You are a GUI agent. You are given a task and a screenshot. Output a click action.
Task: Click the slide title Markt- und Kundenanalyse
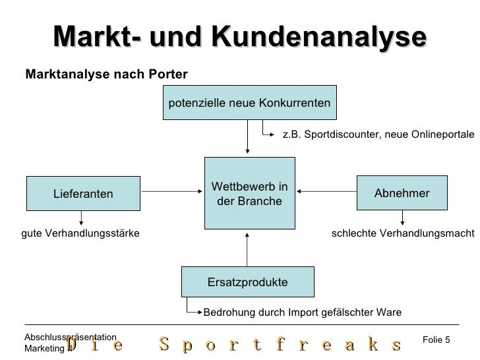tap(240, 38)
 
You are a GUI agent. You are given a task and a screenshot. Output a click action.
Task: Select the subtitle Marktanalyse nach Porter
tap(106, 74)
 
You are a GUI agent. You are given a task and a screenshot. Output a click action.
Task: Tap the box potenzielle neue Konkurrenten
tap(250, 103)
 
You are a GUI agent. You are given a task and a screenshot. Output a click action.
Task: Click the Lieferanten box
tap(83, 193)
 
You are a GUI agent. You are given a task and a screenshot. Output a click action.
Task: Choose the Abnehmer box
tap(402, 193)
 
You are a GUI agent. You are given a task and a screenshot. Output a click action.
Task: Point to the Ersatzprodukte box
tap(248, 282)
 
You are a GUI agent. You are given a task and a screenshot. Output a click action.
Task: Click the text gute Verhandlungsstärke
tap(80, 234)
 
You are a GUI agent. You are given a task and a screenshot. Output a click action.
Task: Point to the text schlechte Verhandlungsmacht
tap(402, 234)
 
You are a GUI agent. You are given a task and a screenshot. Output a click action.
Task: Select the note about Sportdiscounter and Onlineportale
tap(378, 135)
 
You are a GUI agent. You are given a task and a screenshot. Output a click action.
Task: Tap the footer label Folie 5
tap(436, 339)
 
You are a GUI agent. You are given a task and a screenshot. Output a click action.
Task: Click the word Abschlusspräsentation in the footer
tap(70, 337)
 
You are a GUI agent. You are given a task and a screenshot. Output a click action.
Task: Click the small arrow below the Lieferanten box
tap(82, 218)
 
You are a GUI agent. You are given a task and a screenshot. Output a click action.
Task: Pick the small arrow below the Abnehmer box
tap(402, 218)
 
